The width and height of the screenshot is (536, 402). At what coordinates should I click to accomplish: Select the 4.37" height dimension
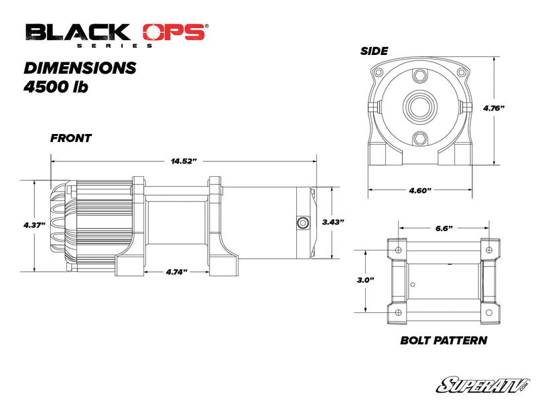pos(33,225)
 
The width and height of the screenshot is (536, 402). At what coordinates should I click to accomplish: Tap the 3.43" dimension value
pos(333,222)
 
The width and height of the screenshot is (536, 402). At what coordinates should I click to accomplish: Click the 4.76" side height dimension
pos(494,107)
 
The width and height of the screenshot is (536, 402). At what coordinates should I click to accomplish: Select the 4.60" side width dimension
pos(419,190)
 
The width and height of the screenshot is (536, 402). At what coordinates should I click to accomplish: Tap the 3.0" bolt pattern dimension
pos(366,279)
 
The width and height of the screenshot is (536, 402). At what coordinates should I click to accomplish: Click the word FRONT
pos(71,139)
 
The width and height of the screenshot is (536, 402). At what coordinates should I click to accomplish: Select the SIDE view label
pos(375,51)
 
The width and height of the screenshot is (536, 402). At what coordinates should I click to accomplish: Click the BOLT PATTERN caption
pos(443,340)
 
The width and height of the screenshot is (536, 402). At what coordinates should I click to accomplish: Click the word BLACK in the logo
pos(78,32)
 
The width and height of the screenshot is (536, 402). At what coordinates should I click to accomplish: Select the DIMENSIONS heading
pos(80,68)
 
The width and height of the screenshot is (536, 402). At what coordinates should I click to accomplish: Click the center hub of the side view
pos(419,106)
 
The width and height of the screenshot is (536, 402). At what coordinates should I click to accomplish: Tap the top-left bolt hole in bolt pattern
pos(399,250)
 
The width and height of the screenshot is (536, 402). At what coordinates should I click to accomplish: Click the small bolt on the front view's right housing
pos(301,222)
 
